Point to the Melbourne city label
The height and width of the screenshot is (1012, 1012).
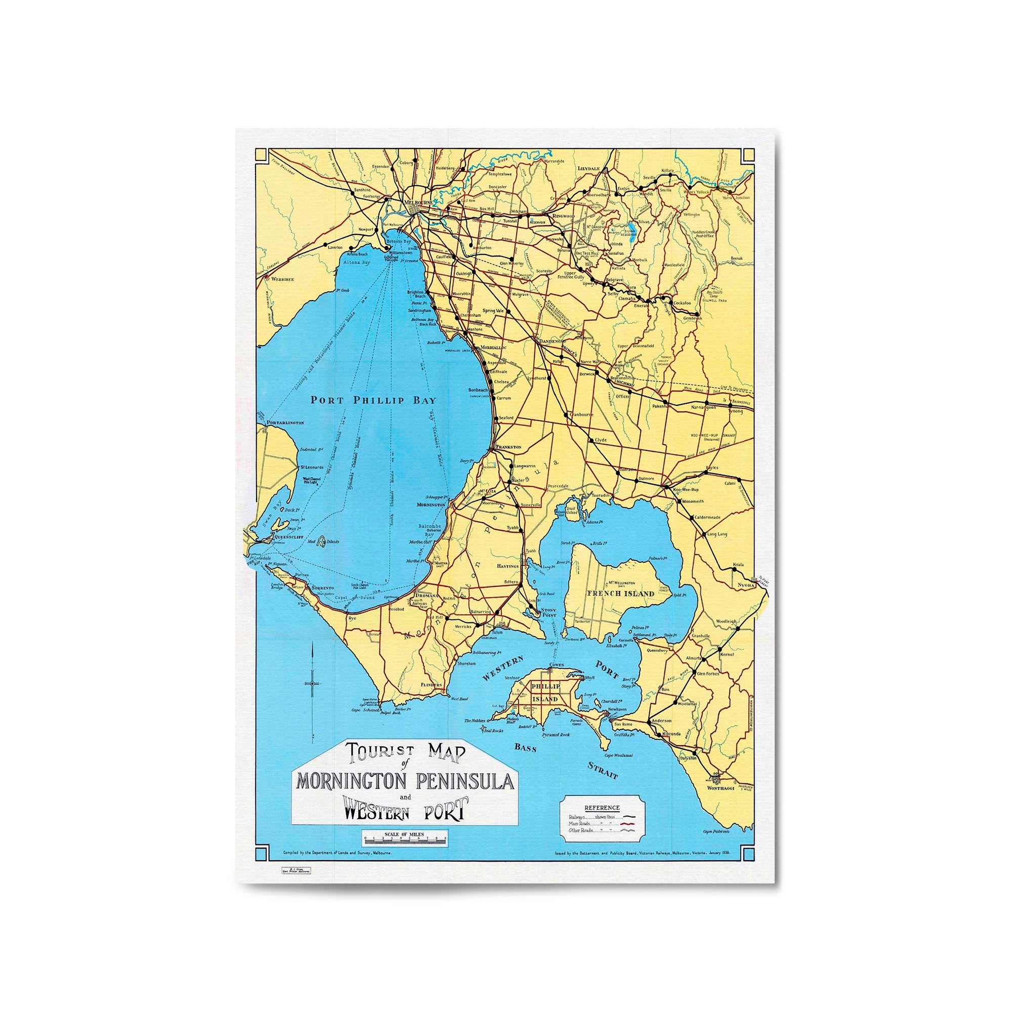(x=417, y=202)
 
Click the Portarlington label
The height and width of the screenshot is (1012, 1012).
(x=285, y=422)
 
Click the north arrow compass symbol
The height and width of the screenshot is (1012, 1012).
(x=312, y=683)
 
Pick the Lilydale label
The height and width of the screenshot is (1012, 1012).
(x=587, y=168)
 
